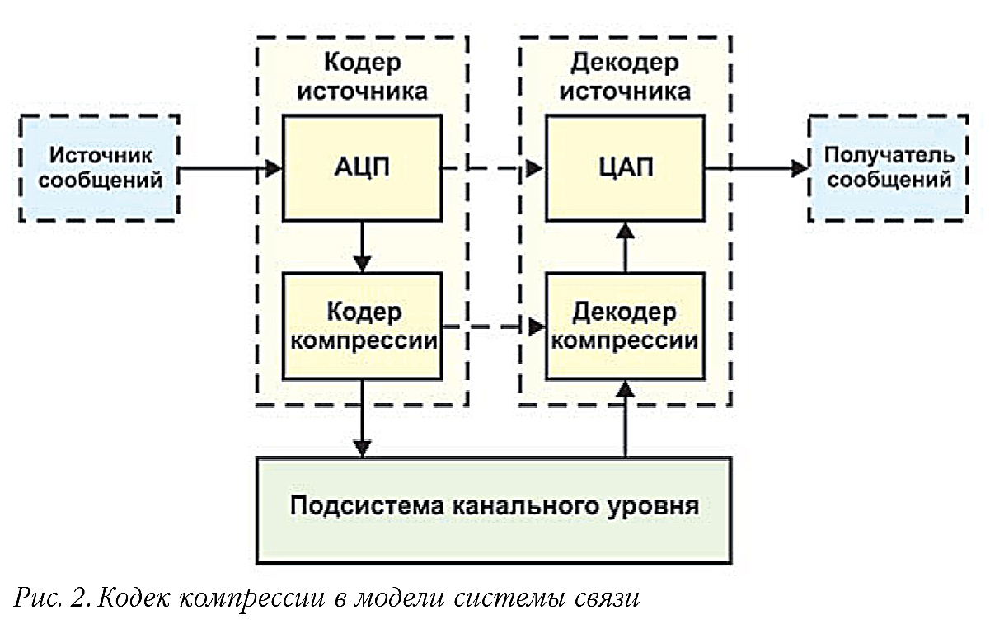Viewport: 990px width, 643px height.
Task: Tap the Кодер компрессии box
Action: click(362, 326)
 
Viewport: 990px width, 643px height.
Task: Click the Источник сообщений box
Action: click(100, 168)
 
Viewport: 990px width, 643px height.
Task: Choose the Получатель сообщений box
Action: click(889, 168)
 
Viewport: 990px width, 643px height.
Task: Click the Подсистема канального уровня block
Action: click(494, 505)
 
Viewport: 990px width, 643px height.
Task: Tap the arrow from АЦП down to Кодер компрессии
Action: click(362, 247)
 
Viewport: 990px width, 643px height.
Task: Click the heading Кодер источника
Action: click(362, 76)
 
